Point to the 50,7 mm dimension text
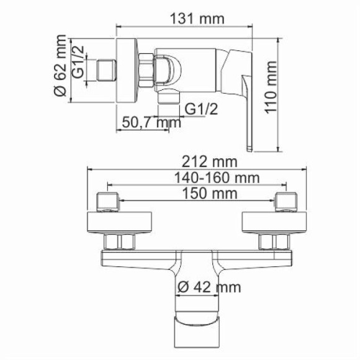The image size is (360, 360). tap(146, 122)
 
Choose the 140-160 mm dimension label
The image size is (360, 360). tap(198, 178)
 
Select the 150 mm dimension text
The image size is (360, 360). tap(198, 194)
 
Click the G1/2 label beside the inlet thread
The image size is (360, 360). tap(79, 62)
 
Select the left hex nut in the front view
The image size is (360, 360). tap(122, 242)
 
